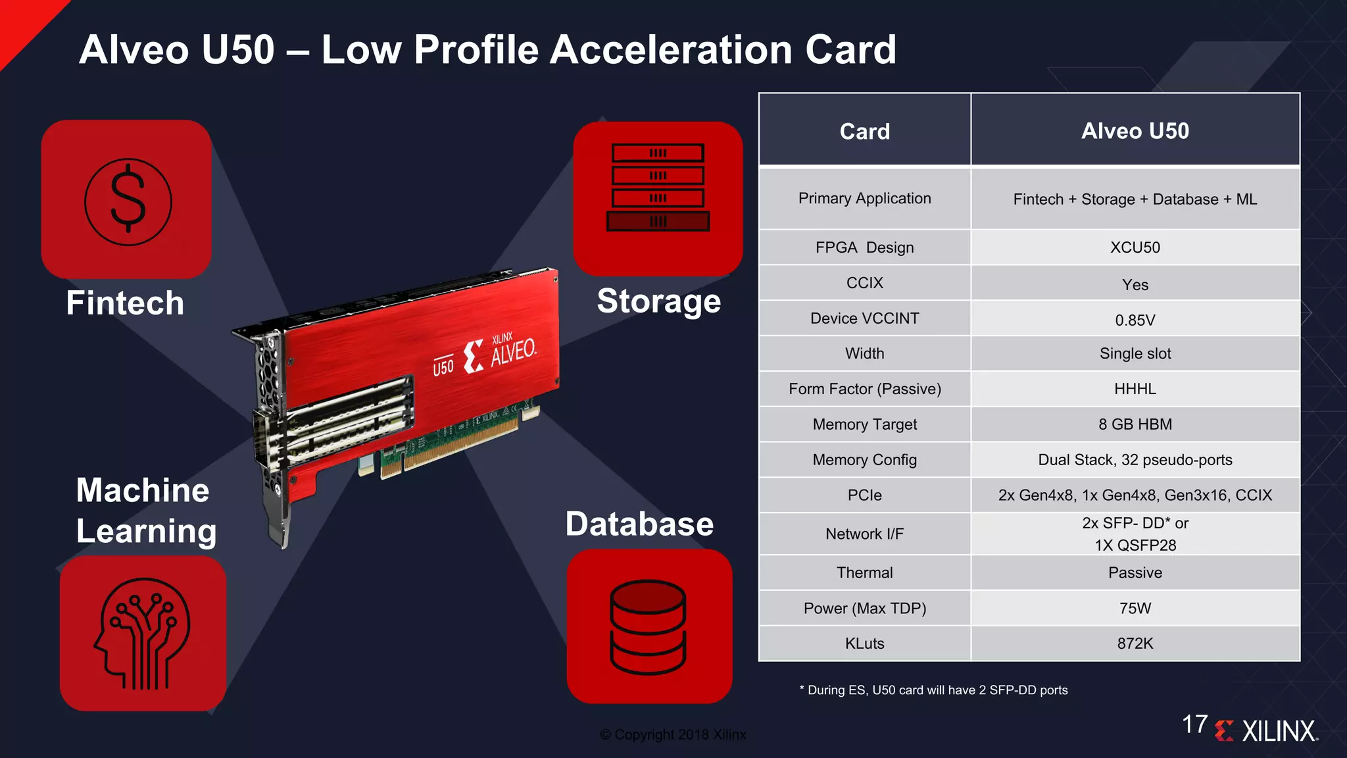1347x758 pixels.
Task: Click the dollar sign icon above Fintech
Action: [128, 201]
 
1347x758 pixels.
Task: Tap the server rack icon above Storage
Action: [658, 188]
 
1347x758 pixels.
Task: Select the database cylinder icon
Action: [648, 626]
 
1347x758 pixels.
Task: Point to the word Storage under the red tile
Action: [658, 301]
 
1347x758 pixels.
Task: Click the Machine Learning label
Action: [145, 511]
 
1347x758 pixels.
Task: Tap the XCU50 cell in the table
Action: [1135, 247]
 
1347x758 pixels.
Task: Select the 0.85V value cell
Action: [1135, 320]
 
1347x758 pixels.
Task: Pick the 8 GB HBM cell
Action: [1135, 424]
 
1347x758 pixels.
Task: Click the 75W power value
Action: [1135, 608]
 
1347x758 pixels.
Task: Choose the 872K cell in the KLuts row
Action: [1135, 644]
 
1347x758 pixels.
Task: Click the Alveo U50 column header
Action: [1135, 131]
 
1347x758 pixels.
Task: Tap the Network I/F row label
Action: [864, 534]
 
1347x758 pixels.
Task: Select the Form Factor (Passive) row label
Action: [864, 389]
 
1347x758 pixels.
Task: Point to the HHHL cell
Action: [1135, 389]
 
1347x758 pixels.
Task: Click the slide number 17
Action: [1194, 724]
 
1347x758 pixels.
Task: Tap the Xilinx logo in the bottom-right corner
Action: [1267, 730]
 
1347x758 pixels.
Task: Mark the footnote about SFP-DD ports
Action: [933, 690]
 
